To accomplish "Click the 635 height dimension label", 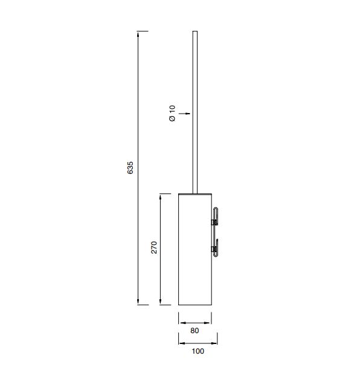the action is [x=130, y=167].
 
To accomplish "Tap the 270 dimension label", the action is [x=154, y=247].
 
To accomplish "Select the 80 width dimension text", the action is [x=194, y=331].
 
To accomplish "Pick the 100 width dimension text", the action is [x=198, y=351].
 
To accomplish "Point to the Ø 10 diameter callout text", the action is [x=172, y=113].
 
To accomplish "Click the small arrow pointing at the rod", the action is [x=184, y=114].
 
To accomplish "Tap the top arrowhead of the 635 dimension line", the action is [x=138, y=34].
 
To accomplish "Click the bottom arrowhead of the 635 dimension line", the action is [x=138, y=302].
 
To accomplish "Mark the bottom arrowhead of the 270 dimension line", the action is [x=161, y=302].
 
